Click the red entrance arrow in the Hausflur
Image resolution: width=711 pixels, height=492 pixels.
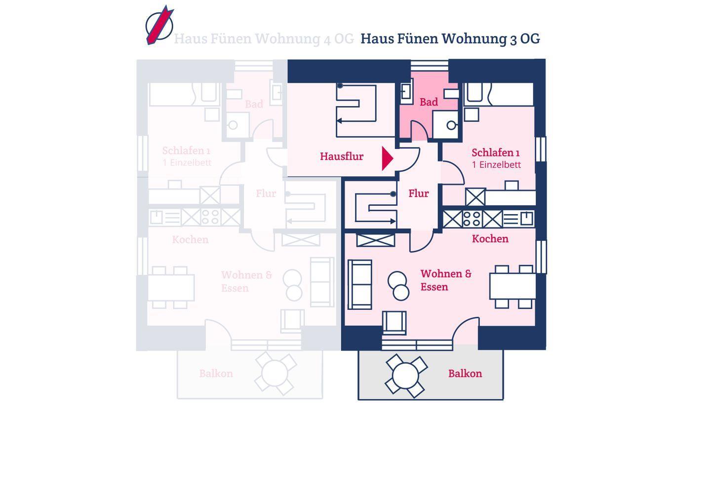387,158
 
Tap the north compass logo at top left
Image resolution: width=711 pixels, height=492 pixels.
159,25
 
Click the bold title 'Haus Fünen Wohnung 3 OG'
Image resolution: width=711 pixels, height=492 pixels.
450,38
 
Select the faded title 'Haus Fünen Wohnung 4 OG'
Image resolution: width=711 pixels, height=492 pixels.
264,38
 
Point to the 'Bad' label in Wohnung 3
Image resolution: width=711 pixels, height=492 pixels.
429,102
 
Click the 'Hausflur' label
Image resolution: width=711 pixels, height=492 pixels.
341,156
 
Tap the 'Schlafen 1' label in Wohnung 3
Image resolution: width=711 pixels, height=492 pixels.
495,152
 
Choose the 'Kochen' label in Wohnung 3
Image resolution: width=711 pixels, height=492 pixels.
490,239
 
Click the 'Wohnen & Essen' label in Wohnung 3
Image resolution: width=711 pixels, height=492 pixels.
445,280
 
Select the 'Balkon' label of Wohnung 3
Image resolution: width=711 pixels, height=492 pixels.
465,374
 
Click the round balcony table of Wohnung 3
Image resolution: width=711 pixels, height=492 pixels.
405,376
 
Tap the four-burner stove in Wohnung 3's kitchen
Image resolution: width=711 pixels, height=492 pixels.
472,219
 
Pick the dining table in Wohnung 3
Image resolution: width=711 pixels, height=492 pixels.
513,286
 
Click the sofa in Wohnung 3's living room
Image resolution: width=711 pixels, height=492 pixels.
360,284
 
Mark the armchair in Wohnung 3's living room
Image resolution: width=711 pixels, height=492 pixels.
394,323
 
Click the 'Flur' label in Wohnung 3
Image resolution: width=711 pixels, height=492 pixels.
418,193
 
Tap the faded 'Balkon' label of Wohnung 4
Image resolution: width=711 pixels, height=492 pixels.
216,374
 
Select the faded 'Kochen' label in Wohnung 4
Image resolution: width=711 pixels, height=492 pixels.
190,240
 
